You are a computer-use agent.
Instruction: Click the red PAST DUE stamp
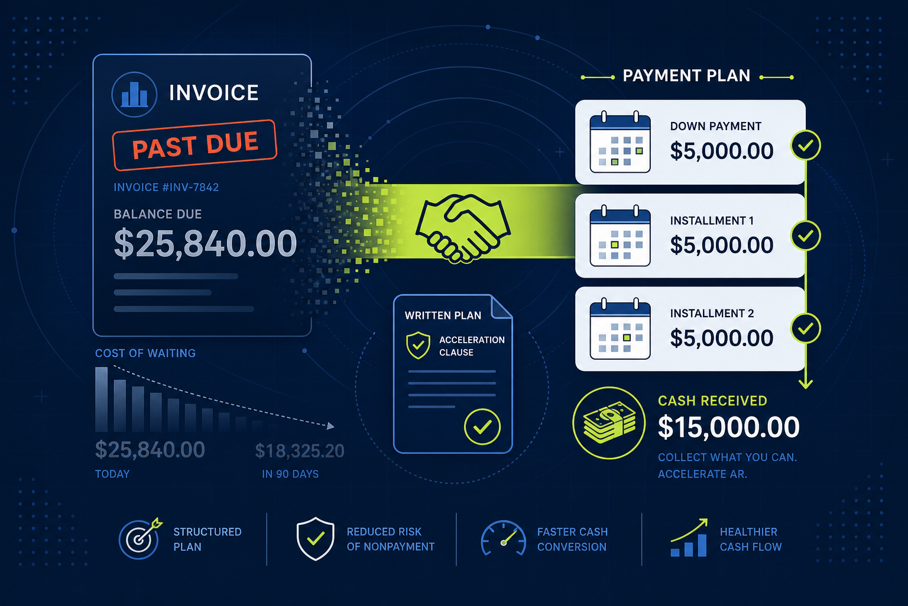click(x=194, y=145)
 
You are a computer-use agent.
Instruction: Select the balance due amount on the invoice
click(x=206, y=243)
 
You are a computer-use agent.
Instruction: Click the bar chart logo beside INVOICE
click(x=134, y=95)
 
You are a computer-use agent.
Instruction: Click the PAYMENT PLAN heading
click(x=686, y=76)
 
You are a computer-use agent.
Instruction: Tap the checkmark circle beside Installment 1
click(x=806, y=236)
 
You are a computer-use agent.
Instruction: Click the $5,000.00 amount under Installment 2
click(x=722, y=338)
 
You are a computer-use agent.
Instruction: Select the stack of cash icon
click(x=609, y=423)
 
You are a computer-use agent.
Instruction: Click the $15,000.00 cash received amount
click(x=728, y=427)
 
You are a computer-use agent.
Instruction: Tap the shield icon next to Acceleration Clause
click(x=418, y=345)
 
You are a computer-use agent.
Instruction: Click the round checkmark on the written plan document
click(x=482, y=427)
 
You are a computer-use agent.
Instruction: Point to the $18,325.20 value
click(x=300, y=451)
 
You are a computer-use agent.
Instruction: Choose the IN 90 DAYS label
click(x=290, y=474)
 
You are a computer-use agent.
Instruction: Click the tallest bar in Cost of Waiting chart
click(x=101, y=399)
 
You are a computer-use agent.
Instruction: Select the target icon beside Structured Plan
click(x=140, y=539)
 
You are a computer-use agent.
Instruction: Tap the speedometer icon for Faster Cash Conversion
click(x=504, y=538)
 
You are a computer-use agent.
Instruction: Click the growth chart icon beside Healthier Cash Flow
click(x=689, y=537)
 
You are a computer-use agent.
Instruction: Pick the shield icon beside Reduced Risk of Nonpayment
click(x=315, y=539)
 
